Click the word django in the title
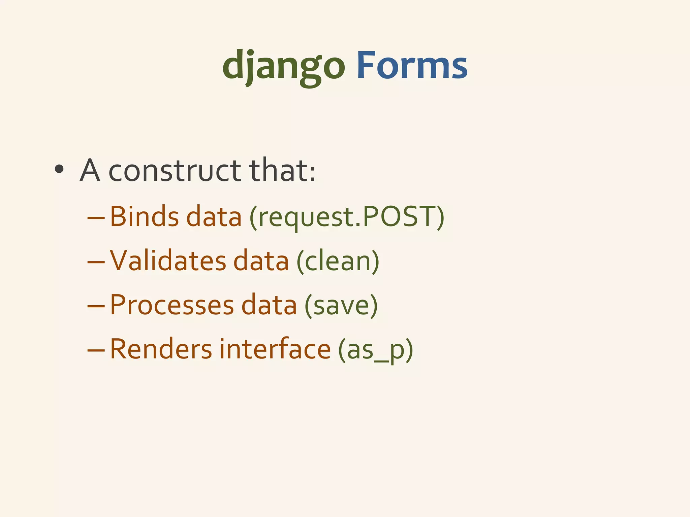(283, 66)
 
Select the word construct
(175, 171)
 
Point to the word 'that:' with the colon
(282, 171)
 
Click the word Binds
(144, 216)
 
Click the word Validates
(168, 261)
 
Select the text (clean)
(338, 262)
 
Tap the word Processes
(172, 305)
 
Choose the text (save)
(341, 306)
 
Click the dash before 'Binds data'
(96, 218)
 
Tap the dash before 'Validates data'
(96, 263)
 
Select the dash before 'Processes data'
(96, 307)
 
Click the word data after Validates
(261, 261)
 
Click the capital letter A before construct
(90, 171)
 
